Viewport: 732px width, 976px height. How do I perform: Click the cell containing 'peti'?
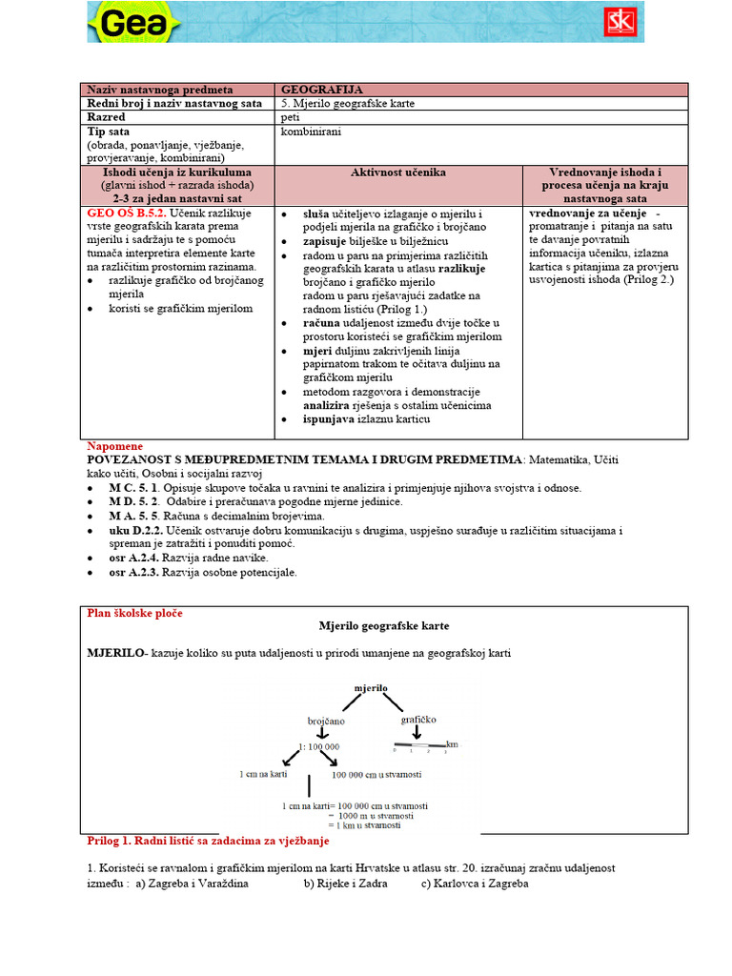pos(290,116)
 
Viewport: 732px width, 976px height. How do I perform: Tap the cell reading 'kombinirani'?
pos(311,131)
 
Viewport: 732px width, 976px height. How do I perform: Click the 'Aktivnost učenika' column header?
pos(398,173)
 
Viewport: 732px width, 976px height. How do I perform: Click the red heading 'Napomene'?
pos(115,446)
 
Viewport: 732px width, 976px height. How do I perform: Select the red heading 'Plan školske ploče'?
pos(134,613)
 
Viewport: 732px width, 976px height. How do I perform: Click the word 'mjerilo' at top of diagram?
pos(370,686)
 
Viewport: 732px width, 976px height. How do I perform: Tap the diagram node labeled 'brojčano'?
pos(325,722)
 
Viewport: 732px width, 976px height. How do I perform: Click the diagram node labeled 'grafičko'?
pos(417,719)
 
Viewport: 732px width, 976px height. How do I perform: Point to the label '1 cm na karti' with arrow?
pos(263,774)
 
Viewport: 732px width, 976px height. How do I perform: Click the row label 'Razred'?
pos(107,116)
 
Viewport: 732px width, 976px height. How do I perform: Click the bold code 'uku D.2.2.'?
pos(135,529)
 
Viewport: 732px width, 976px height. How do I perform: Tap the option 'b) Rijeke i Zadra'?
pos(347,884)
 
